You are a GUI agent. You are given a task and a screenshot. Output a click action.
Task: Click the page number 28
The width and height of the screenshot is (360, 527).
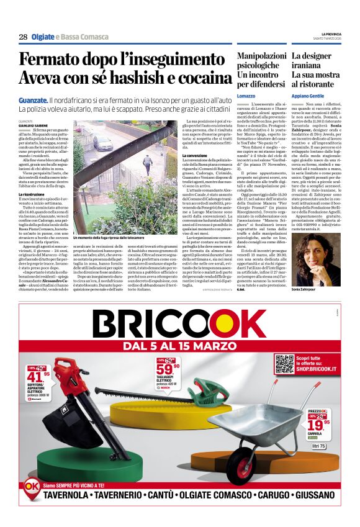point(23,37)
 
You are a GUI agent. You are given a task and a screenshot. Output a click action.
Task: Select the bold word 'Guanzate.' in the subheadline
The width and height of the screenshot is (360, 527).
point(34,101)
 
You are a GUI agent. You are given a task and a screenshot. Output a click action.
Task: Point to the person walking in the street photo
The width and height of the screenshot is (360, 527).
point(147,164)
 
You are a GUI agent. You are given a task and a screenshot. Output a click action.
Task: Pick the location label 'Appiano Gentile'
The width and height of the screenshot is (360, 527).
point(307,97)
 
